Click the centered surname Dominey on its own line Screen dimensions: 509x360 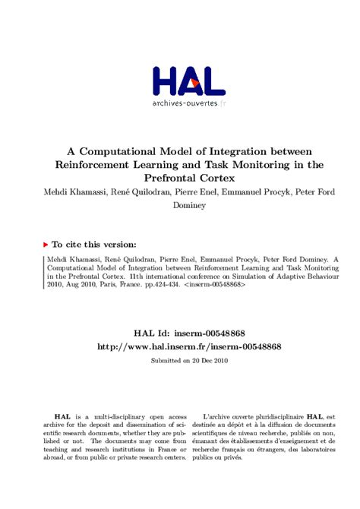pos(180,205)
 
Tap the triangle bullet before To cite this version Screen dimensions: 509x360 pos(46,245)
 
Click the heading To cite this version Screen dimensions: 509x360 pos(94,245)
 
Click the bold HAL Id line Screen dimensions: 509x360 pos(180,333)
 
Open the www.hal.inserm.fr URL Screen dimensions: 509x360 pos(180,346)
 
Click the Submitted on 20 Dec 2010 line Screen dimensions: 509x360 pos(180,360)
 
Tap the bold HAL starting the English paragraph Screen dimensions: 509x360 pos(63,417)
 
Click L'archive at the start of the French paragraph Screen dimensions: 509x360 pos(219,417)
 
